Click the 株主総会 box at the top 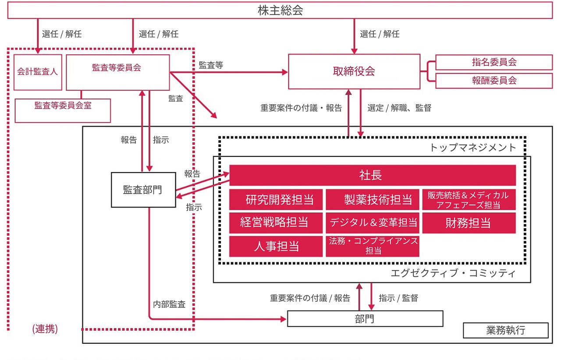click(280, 11)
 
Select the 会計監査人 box click(38, 72)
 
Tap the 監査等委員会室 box click(63, 110)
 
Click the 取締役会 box click(354, 71)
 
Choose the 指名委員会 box click(494, 62)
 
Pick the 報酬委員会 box click(494, 81)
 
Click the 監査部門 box click(143, 190)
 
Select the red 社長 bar click(372, 175)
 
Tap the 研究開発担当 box click(276, 200)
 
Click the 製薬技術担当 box click(372, 200)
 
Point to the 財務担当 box click(469, 223)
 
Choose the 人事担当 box click(276, 246)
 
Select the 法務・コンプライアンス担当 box click(372, 246)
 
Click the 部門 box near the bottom click(365, 318)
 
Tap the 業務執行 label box click(505, 330)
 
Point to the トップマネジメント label click(473, 148)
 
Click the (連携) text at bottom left click(45, 329)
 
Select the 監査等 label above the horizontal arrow click(211, 65)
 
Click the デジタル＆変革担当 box click(372, 223)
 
